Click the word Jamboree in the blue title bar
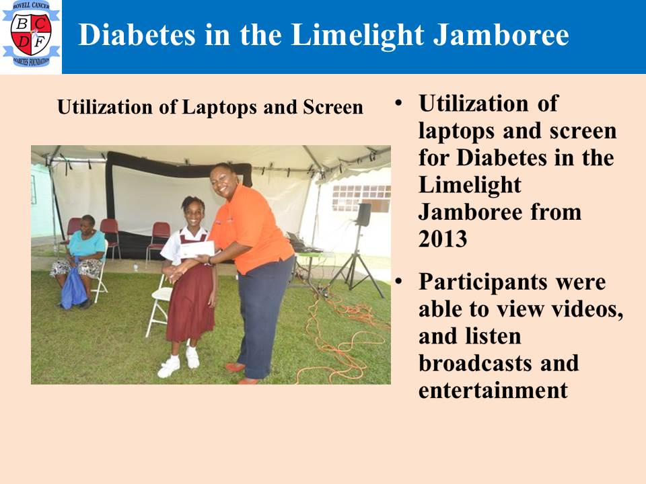coord(501,34)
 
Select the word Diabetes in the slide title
coord(137,34)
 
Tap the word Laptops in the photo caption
coord(219,108)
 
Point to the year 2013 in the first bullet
coord(443,239)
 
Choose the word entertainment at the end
coord(493,390)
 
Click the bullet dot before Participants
coord(398,281)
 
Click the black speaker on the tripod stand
coord(363,214)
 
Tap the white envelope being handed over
coord(197,249)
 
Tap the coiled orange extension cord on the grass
coord(344,337)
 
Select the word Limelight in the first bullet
coord(470,185)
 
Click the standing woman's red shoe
coord(236,367)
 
